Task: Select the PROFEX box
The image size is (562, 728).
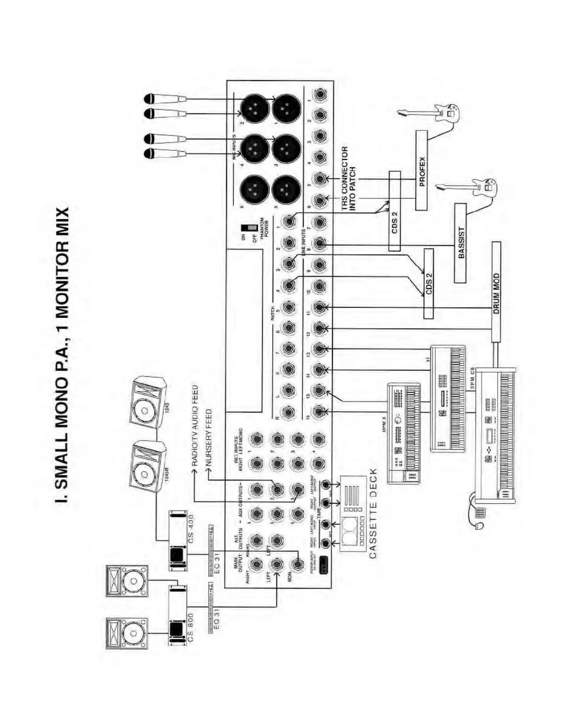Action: pos(421,171)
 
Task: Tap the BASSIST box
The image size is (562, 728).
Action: pos(460,243)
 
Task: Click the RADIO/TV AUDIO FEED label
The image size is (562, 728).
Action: pos(195,426)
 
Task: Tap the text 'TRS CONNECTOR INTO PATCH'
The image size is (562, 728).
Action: pos(348,179)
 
